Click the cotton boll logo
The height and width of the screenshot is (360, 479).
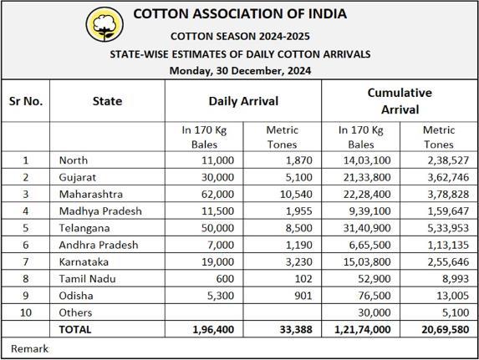pyautogui.click(x=104, y=24)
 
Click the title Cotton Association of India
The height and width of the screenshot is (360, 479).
pyautogui.click(x=240, y=14)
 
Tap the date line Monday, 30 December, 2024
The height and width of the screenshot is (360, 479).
pyautogui.click(x=240, y=71)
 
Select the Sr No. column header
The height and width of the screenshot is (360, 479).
pyautogui.click(x=26, y=101)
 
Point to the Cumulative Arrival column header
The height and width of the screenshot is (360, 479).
pyautogui.click(x=400, y=101)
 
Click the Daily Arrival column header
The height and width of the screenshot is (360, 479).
pyautogui.click(x=243, y=101)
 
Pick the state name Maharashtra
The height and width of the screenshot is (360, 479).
pyautogui.click(x=91, y=194)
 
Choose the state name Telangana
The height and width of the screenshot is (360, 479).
pyautogui.click(x=84, y=228)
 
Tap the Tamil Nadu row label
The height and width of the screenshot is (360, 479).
pyautogui.click(x=88, y=279)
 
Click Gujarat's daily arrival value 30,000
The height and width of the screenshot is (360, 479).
pyautogui.click(x=217, y=177)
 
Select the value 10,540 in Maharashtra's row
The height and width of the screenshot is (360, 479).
pyautogui.click(x=296, y=194)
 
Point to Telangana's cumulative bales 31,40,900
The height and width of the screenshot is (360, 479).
pyautogui.click(x=367, y=228)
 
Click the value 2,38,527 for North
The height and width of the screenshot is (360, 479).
pyautogui.click(x=448, y=160)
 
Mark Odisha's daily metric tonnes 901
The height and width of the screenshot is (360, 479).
pyautogui.click(x=303, y=296)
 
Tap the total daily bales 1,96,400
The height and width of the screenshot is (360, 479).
pyautogui.click(x=213, y=329)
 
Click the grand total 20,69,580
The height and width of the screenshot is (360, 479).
pyautogui.click(x=445, y=329)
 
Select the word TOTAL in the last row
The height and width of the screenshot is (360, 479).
pyautogui.click(x=75, y=329)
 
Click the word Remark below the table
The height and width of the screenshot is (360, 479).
pyautogui.click(x=29, y=348)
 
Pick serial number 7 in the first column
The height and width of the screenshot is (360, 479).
pyautogui.click(x=26, y=262)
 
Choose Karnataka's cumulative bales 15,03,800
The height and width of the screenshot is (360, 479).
pyautogui.click(x=367, y=262)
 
